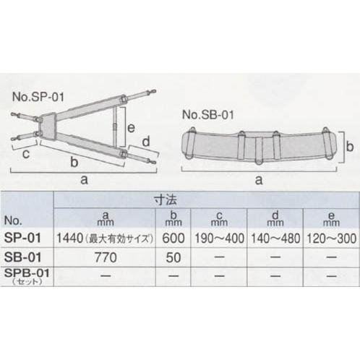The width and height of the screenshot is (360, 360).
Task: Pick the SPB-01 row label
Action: pos(25,274)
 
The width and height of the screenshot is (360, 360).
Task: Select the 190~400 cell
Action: pos(218,237)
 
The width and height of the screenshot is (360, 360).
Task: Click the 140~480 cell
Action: pos(274,237)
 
